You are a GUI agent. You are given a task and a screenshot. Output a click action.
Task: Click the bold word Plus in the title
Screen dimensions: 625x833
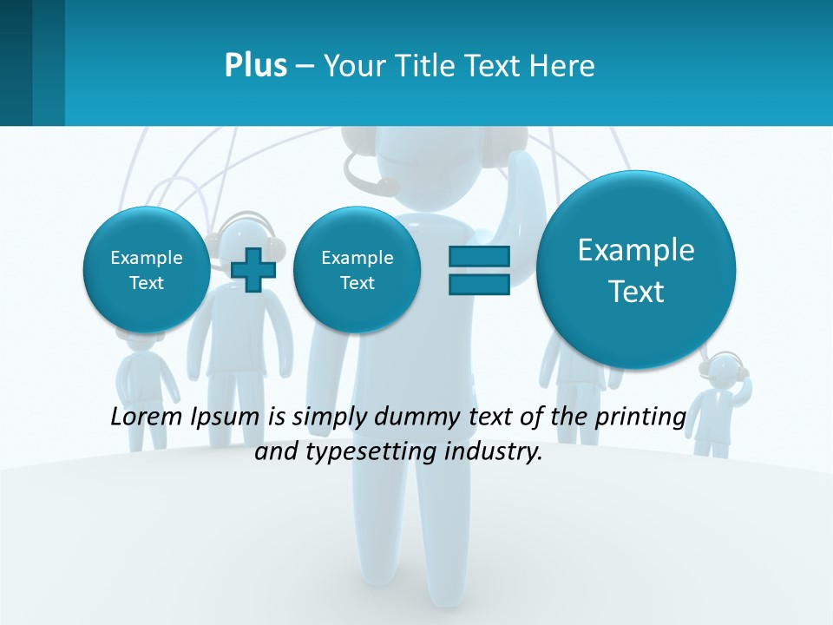tap(255, 66)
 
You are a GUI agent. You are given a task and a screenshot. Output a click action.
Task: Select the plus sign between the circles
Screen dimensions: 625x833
tap(253, 270)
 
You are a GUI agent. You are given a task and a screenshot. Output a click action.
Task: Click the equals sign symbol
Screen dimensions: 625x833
tap(479, 270)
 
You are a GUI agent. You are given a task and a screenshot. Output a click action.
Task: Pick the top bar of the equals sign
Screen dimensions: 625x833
tap(479, 256)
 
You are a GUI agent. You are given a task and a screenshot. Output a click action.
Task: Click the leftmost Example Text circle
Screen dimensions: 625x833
tap(146, 270)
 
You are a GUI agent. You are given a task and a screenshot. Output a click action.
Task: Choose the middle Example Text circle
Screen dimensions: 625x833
tap(357, 270)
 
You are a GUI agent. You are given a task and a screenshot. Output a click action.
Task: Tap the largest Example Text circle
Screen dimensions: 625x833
tap(636, 270)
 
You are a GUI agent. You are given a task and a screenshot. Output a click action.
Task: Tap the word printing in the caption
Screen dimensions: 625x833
tap(640, 417)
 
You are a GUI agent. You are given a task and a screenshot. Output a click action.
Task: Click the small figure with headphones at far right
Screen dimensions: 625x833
tap(723, 399)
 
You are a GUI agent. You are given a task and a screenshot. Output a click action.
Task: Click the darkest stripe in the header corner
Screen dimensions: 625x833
tap(16, 62)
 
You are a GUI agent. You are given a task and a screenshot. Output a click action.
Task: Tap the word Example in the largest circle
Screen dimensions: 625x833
tap(636, 250)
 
